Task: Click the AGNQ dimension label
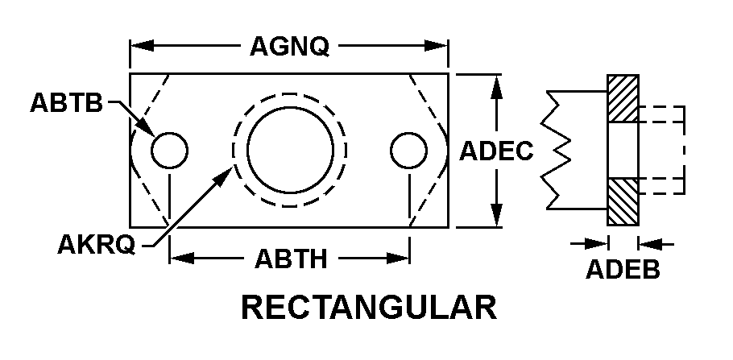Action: click(x=289, y=46)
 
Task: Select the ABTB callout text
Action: click(x=66, y=102)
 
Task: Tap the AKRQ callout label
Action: click(x=97, y=244)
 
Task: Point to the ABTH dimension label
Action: click(x=291, y=259)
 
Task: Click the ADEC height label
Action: click(x=496, y=151)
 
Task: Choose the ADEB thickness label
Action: click(x=623, y=269)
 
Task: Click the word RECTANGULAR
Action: click(x=369, y=307)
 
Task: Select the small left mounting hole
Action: click(x=170, y=151)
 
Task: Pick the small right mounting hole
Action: click(x=408, y=151)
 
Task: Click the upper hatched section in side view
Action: click(x=623, y=98)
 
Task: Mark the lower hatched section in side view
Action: click(x=623, y=202)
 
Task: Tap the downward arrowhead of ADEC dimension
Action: click(x=497, y=215)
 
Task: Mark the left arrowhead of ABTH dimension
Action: click(x=182, y=258)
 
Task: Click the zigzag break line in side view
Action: click(x=555, y=150)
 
